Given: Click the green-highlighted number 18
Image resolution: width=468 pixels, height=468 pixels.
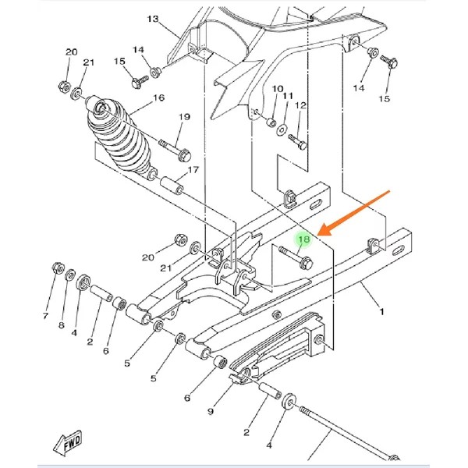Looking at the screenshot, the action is coord(304,239).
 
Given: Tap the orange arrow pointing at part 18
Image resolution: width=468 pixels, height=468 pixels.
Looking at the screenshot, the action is coord(353,214).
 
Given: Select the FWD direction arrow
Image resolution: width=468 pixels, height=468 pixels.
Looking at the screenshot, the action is coord(67,443).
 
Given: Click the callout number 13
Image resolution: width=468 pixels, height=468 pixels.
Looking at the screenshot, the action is coord(153,19).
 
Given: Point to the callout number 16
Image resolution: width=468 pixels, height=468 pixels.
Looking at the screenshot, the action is coord(159,97).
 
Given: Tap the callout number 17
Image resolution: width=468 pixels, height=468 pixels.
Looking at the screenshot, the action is coord(193,170).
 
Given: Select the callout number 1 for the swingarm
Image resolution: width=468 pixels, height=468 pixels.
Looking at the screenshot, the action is coord(381,312).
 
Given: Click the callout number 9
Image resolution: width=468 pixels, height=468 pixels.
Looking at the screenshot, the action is coord(211,411).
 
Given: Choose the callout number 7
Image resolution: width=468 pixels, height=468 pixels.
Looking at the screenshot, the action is coord(45,315).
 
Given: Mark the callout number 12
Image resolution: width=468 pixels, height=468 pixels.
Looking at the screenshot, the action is coord(300,105).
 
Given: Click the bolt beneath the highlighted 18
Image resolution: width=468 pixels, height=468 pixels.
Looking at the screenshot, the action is coord(296,257).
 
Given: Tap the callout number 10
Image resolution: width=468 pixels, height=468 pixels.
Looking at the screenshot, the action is coord(278,89).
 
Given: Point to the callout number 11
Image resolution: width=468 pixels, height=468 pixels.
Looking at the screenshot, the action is coord(288,96).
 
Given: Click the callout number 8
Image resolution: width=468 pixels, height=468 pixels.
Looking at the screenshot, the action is coord(62,325).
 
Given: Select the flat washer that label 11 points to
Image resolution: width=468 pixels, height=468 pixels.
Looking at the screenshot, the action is coord(281,129).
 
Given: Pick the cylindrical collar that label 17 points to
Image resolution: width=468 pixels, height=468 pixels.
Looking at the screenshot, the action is coord(172,186).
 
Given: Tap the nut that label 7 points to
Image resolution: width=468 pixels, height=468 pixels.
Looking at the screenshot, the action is coord(57,268).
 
